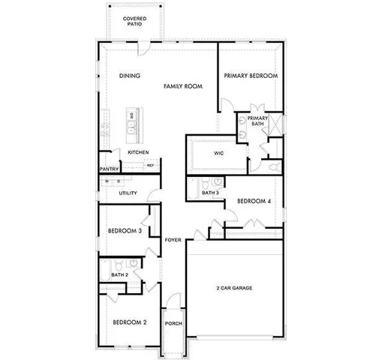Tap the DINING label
[x=130, y=76]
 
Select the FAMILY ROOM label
[x=184, y=87]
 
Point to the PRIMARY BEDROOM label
[x=251, y=76]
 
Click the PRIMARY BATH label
[x=257, y=121]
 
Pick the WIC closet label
[x=219, y=153]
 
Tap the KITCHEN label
[x=138, y=152]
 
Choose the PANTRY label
[x=110, y=169]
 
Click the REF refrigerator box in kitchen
[x=150, y=165]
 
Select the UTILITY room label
[x=128, y=193]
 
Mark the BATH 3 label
[x=210, y=193]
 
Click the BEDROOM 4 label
[x=253, y=201]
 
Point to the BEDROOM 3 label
[x=125, y=231]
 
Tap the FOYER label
[x=174, y=239]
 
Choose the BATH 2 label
[x=119, y=275]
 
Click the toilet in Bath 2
[x=132, y=264]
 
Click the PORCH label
[x=174, y=323]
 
